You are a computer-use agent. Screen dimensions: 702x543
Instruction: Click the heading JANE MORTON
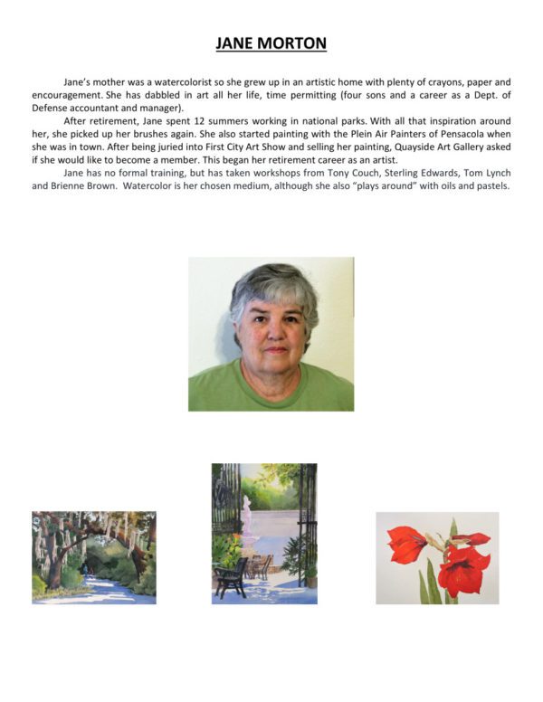coord(271,43)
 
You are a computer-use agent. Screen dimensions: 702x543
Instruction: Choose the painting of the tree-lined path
coord(93,557)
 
